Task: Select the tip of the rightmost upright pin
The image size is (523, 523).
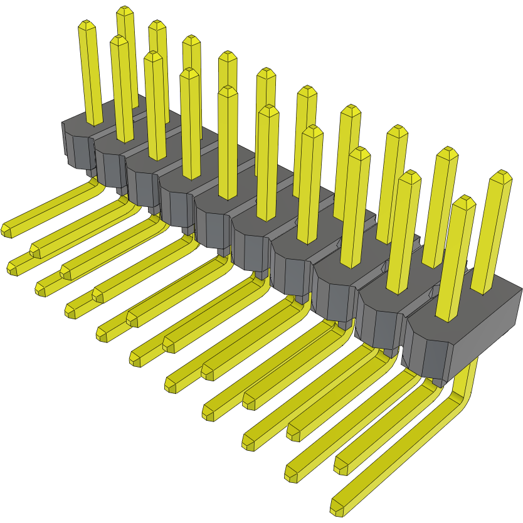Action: pos(500,176)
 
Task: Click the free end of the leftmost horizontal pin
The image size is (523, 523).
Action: pos(8,230)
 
